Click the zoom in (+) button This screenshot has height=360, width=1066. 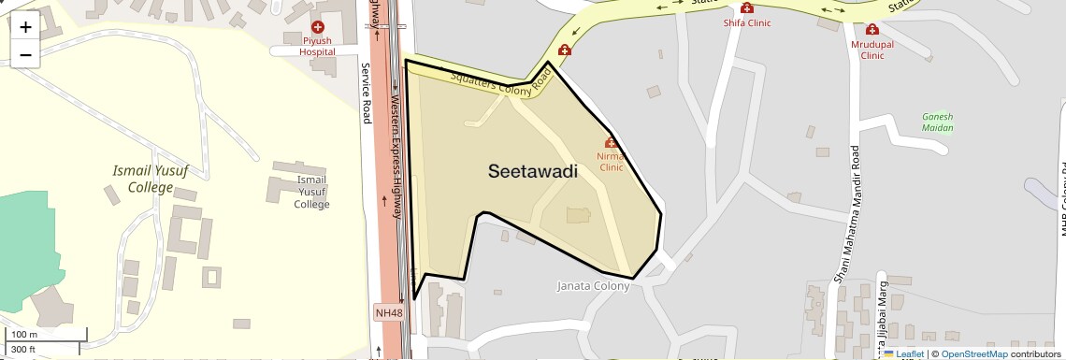(x=25, y=27)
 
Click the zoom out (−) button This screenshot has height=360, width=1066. (x=25, y=55)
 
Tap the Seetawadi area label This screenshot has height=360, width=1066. (x=532, y=172)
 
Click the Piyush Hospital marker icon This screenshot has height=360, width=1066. (x=318, y=28)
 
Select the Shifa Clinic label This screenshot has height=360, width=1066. (x=747, y=23)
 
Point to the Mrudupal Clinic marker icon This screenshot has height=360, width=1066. (x=872, y=30)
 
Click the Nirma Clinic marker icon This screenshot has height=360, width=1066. (x=611, y=142)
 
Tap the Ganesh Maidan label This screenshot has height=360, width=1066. (x=937, y=122)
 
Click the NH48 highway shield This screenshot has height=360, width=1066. (x=390, y=312)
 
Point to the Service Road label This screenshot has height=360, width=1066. (x=367, y=93)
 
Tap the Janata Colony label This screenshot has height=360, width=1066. (x=593, y=286)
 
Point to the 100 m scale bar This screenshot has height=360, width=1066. (x=47, y=334)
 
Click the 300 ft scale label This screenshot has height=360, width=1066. (x=23, y=350)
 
